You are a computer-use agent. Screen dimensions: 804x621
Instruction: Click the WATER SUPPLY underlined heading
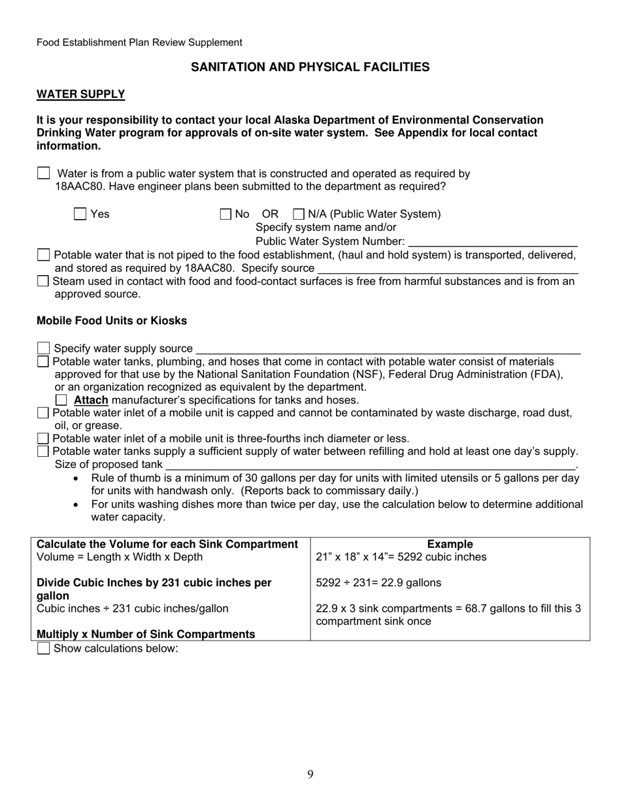pyautogui.click(x=80, y=94)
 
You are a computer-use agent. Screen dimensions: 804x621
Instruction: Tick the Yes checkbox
pyautogui.click(x=80, y=214)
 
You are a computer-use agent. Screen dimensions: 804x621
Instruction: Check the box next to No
pyautogui.click(x=226, y=214)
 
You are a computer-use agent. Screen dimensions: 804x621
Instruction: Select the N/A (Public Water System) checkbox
pyautogui.click(x=299, y=214)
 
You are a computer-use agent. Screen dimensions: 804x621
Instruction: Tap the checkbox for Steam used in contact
pyautogui.click(x=43, y=281)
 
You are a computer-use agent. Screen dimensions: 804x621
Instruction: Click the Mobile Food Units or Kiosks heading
pyautogui.click(x=111, y=321)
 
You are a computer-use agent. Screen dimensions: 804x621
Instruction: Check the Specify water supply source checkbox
pyautogui.click(x=44, y=348)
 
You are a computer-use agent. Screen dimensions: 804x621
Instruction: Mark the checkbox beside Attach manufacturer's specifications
pyautogui.click(x=61, y=400)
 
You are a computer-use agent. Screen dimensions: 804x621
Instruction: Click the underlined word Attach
pyautogui.click(x=91, y=400)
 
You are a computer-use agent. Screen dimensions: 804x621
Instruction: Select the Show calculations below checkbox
pyautogui.click(x=44, y=648)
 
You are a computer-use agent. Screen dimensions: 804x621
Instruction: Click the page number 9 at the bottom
pyautogui.click(x=310, y=775)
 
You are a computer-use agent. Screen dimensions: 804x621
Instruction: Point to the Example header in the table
pyautogui.click(x=450, y=544)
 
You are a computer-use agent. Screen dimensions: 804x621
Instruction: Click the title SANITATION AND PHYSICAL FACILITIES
pyautogui.click(x=310, y=67)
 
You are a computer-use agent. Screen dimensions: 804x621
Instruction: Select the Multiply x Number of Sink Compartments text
pyautogui.click(x=146, y=634)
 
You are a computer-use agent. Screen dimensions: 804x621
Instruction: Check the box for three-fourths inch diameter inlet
pyautogui.click(x=43, y=439)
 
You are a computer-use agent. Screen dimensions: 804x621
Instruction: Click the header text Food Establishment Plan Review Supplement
pyautogui.click(x=139, y=42)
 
